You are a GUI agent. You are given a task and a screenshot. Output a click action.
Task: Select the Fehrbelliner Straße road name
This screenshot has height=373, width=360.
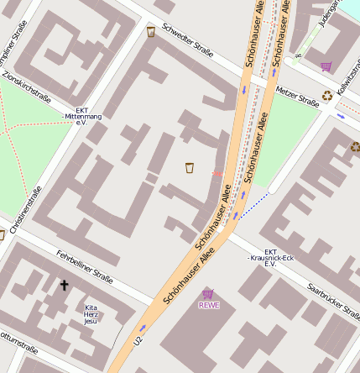pyautogui.click(x=84, y=265)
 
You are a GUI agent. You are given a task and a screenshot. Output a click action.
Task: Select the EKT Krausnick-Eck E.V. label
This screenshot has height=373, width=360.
pyautogui.click(x=270, y=257)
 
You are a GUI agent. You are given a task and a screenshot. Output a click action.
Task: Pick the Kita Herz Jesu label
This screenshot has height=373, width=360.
pyautogui.click(x=91, y=313)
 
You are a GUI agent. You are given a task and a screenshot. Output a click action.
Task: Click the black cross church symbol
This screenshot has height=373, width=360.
pyautogui.click(x=64, y=285)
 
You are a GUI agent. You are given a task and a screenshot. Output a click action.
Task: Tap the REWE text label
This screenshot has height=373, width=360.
pyautogui.click(x=208, y=305)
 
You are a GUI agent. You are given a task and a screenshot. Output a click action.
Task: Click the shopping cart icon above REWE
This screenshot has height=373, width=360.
pyautogui.click(x=208, y=293)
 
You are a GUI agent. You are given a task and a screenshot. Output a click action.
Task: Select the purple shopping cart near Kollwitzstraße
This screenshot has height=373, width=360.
pyautogui.click(x=326, y=66)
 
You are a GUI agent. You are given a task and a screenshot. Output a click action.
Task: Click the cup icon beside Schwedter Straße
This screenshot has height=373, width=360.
pyautogui.click(x=151, y=32)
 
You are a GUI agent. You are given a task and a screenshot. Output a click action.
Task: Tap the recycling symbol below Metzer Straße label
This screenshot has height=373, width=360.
pyautogui.click(x=327, y=96)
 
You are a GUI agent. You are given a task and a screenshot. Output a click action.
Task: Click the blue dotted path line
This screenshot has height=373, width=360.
pyautogui.click(x=253, y=204)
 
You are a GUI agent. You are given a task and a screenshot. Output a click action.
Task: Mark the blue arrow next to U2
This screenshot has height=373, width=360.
pyautogui.click(x=143, y=328)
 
